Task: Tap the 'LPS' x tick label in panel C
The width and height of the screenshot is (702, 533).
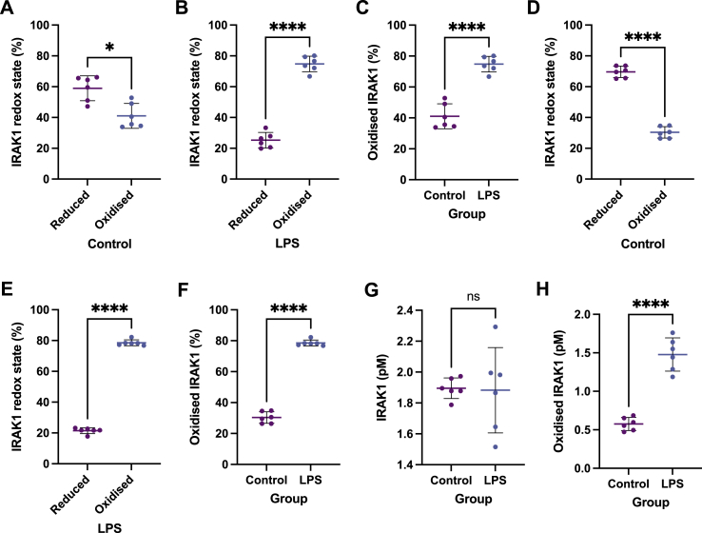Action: pos(490,195)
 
